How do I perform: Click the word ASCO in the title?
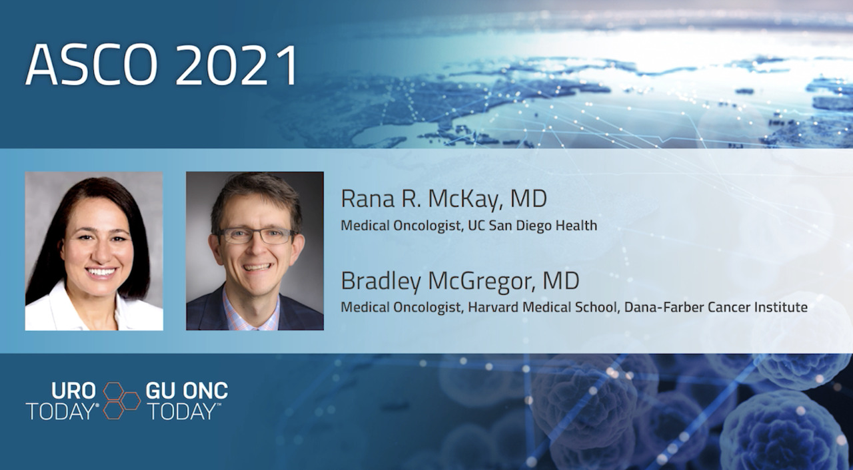pos(91,65)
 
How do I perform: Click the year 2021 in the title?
pos(237,65)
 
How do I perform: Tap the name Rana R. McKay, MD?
pos(444,199)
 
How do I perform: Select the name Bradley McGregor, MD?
pos(460,281)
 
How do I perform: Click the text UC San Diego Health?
pos(532,226)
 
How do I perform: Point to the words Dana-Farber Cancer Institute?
pos(716,307)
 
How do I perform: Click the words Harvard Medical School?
pos(542,307)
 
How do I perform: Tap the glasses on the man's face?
pos(256,236)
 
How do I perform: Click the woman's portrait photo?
pos(94,251)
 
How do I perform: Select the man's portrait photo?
pos(255,251)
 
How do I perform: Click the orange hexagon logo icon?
pos(121,401)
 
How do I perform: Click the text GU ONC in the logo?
pos(187,391)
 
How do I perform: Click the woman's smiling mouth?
pos(101,272)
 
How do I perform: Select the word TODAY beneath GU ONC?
pos(183,411)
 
